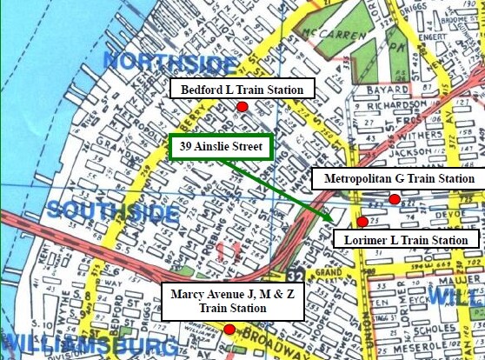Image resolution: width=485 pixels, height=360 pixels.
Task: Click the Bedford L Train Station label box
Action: pos(242,90)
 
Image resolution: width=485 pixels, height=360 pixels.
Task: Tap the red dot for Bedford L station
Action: pos(243,106)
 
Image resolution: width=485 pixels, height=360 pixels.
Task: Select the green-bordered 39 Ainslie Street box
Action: pos(221,147)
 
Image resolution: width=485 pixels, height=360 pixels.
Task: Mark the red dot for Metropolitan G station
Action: pos(395,199)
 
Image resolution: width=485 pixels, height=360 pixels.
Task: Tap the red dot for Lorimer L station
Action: pos(362,222)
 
